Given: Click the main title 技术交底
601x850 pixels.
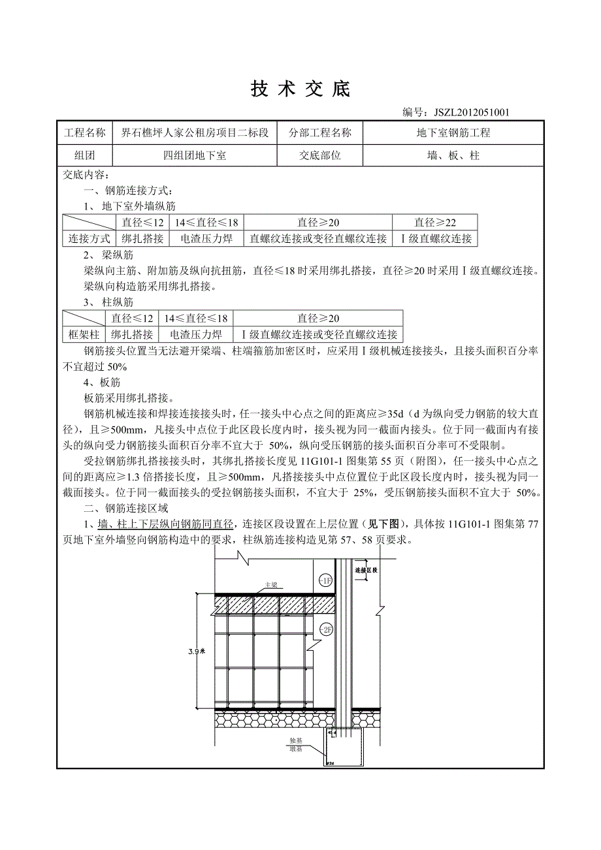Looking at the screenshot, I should (x=300, y=89).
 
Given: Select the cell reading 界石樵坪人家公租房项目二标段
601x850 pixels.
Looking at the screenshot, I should (x=195, y=133).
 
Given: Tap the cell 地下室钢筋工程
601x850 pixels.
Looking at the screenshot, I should (x=453, y=133).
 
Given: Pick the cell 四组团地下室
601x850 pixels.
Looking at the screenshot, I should (x=195, y=155).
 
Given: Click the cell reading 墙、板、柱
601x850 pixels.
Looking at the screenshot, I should (x=453, y=155).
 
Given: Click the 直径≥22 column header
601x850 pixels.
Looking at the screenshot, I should (x=434, y=223).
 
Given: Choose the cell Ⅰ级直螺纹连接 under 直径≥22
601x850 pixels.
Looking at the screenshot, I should (x=436, y=239).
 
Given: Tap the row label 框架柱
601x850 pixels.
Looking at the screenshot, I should (x=84, y=335).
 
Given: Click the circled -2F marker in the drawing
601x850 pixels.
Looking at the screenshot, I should (x=326, y=629).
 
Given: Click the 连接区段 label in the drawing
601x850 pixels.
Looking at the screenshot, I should (x=366, y=570).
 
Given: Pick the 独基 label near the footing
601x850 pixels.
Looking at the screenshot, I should (x=296, y=741).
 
